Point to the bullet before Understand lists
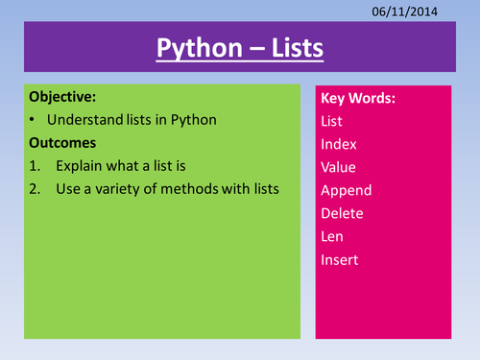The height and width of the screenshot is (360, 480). pos(34,120)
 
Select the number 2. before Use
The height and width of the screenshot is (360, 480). pos(36,188)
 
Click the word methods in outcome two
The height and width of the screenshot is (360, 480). pos(195,188)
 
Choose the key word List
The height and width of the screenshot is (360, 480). pos(333,121)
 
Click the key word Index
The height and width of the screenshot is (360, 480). pos(339,144)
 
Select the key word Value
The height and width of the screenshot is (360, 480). pos(339,167)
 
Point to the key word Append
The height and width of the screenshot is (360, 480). pos(346,190)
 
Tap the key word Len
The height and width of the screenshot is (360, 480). pos(333,236)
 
